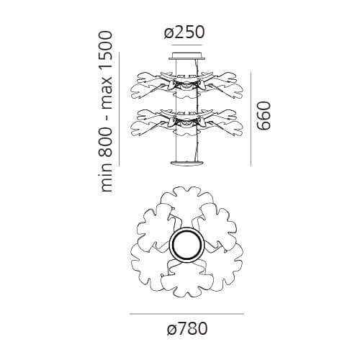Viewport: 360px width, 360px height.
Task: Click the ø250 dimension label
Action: (184, 32)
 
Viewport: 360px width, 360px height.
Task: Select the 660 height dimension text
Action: (264, 116)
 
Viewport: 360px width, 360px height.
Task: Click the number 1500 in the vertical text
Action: (106, 48)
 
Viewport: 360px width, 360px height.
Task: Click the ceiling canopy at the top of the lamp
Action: (187, 55)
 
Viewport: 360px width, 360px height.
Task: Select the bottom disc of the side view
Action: (187, 163)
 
